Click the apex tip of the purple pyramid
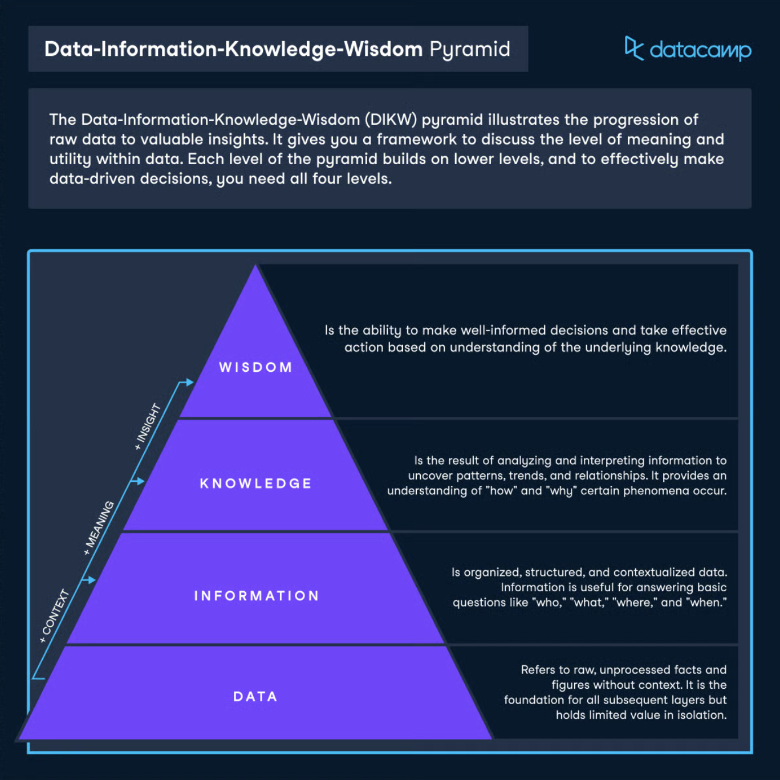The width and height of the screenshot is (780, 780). pos(255,265)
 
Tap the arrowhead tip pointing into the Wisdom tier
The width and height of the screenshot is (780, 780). pos(194,381)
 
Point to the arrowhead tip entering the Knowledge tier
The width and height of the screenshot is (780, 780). pos(145,481)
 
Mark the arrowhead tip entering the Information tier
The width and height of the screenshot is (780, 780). pos(96,580)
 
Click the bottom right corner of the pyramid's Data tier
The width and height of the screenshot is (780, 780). pos(492,739)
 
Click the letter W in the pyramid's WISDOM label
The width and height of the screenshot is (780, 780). pos(225,367)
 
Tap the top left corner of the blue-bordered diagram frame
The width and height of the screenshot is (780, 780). pos(29,250)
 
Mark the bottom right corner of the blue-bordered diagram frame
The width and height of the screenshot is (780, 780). pos(752,753)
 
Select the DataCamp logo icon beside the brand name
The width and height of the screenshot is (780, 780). pos(633,48)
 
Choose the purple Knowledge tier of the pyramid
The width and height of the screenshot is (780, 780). pos(255,475)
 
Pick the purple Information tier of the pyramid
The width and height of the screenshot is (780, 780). pos(255,588)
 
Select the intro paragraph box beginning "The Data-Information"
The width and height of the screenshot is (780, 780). pos(390,149)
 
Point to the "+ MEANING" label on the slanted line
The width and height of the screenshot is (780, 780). pos(99,528)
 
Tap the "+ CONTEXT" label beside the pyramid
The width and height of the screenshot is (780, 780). pos(55,616)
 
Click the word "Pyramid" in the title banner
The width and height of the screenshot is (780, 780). pos(469,50)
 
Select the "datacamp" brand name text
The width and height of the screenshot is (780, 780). pos(700,51)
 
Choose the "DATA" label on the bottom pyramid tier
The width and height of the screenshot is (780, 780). pos(255,696)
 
